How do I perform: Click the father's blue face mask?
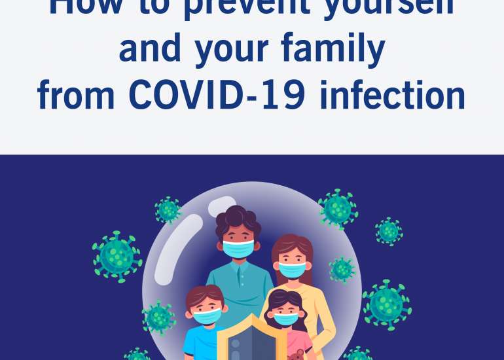pyautogui.click(x=238, y=248)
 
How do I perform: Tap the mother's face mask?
pyautogui.click(x=292, y=268)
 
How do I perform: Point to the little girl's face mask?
pyautogui.click(x=286, y=319)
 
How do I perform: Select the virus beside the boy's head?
pyautogui.click(x=158, y=317)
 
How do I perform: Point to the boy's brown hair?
pyautogui.click(x=204, y=296)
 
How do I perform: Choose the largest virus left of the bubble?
pyautogui.click(x=117, y=255)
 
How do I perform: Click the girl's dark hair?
pyautogui.click(x=285, y=300)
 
